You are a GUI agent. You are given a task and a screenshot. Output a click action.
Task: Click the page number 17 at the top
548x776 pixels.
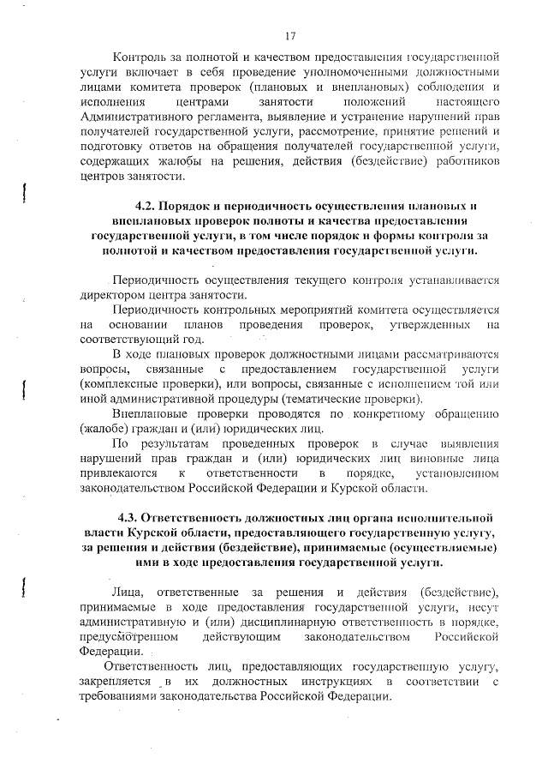pos(290,35)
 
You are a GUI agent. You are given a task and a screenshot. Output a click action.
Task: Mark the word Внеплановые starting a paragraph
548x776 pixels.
pos(149,413)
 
